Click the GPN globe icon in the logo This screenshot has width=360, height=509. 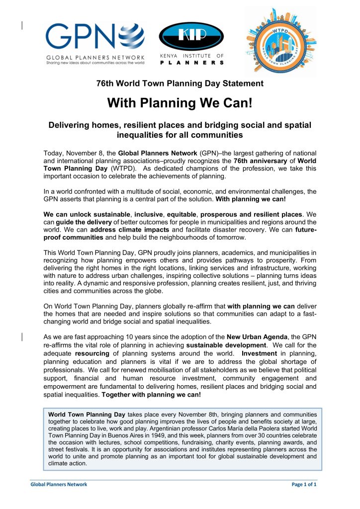click(x=130, y=37)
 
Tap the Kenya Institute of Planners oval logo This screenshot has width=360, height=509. click(x=191, y=37)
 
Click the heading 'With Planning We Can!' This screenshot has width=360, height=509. click(x=180, y=103)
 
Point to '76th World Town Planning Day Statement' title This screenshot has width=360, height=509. click(x=180, y=84)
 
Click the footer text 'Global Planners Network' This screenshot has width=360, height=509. click(x=58, y=484)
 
